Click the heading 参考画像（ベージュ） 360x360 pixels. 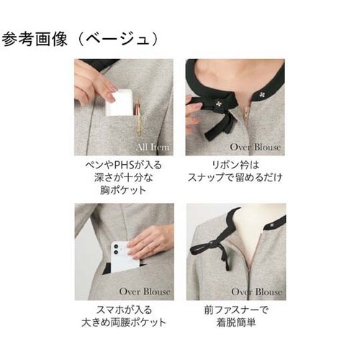tap(80, 38)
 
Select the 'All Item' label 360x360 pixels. tap(153, 147)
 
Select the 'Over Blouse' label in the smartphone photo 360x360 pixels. tap(145, 292)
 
